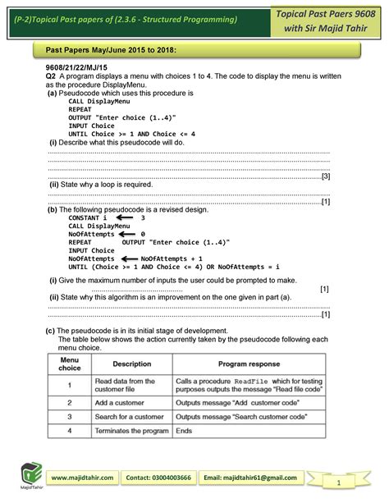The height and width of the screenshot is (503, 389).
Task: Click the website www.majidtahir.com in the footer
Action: tap(85, 478)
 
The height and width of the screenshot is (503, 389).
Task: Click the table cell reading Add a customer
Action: tap(122, 403)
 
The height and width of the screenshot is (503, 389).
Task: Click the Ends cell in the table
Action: tap(184, 430)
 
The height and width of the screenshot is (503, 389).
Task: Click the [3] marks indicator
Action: tap(325, 176)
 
